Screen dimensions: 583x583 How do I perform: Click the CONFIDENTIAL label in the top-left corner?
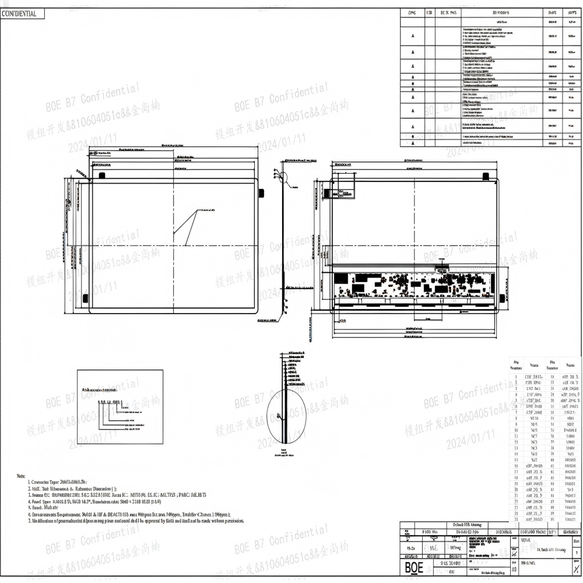19,13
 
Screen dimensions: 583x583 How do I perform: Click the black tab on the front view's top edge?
101,175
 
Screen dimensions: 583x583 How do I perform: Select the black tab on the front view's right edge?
261,192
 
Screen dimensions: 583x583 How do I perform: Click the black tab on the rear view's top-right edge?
485,175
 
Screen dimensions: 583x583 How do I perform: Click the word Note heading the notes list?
21,476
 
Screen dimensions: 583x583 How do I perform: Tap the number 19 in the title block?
514,570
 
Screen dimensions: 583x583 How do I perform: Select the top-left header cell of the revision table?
413,12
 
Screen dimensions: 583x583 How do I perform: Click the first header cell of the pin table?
516,364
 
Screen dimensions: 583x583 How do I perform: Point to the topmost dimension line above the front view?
174,146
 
